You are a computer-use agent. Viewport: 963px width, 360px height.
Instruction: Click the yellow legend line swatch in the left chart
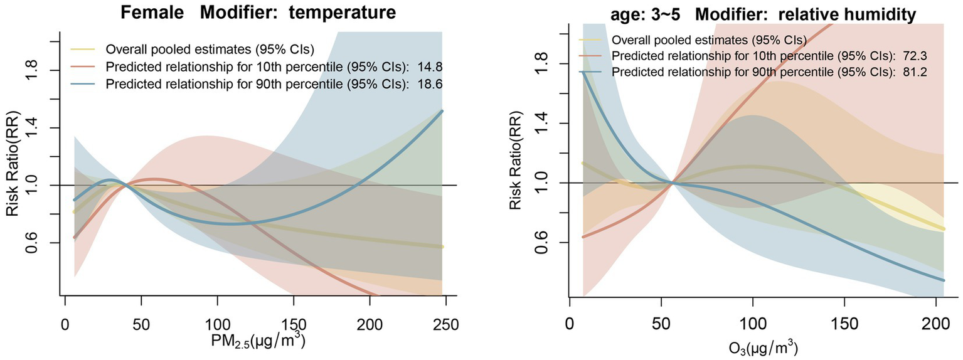(x=85, y=49)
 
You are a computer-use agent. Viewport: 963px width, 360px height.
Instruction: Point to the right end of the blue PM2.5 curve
(x=442, y=111)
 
